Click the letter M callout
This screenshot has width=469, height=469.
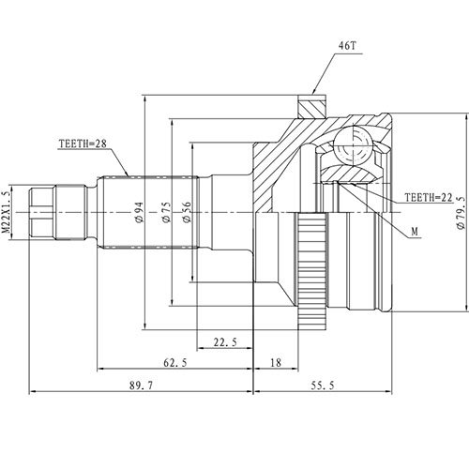click(415, 230)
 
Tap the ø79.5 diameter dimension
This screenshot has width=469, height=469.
click(460, 212)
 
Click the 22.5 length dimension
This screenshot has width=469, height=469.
click(225, 342)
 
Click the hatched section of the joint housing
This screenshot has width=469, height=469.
click(281, 159)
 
